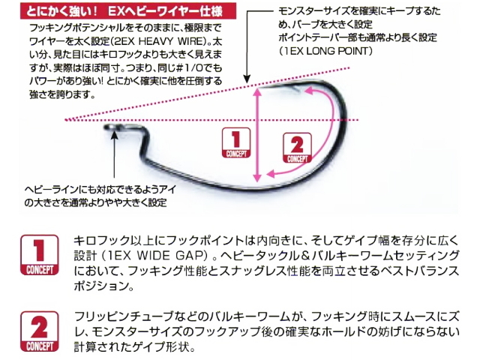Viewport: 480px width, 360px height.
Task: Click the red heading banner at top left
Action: tap(128, 11)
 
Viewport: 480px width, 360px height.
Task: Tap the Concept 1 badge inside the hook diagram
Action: tap(236, 142)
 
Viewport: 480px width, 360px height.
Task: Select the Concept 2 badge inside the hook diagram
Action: tap(297, 148)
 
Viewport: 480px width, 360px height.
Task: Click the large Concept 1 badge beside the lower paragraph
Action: tap(39, 255)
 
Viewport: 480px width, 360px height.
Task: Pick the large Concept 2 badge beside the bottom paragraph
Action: tap(39, 331)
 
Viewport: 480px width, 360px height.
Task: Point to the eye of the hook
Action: tap(109, 127)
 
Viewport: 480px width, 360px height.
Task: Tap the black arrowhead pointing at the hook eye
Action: tap(114, 133)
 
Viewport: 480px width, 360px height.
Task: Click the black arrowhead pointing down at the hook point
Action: tap(247, 79)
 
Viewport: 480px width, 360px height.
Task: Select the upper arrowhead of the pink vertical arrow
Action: tap(258, 91)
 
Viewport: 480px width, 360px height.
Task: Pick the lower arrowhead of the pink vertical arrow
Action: tap(258, 178)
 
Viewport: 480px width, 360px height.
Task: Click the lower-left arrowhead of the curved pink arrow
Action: tap(270, 174)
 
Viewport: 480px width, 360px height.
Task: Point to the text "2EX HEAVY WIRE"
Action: tap(160, 41)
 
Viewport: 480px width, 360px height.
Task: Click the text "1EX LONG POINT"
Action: tap(325, 51)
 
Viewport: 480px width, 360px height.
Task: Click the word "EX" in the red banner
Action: tap(115, 12)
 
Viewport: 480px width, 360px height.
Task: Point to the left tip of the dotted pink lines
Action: tap(65, 120)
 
